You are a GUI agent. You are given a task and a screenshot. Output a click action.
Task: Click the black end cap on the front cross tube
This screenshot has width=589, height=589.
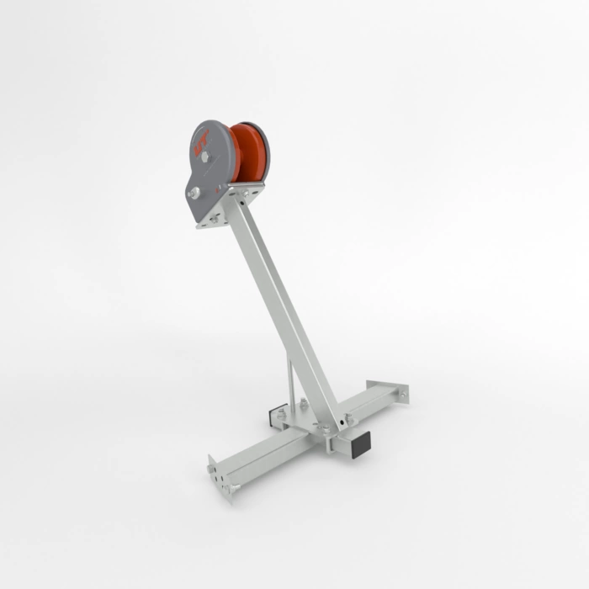(x=363, y=444)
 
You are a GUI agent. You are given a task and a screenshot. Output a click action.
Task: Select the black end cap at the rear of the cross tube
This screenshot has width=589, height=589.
(x=276, y=416)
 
